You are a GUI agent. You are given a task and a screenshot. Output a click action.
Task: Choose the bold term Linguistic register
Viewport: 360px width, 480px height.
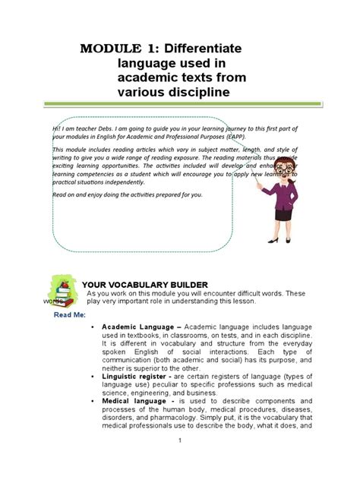[142, 376]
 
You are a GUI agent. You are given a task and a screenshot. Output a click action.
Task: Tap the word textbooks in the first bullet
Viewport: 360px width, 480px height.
[142, 335]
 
